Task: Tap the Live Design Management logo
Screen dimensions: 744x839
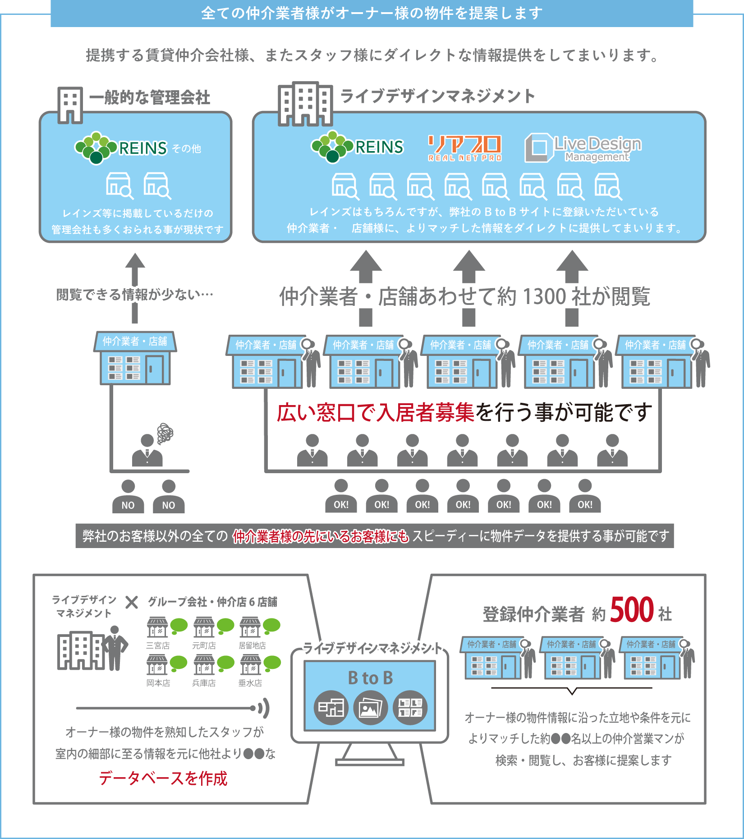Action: (x=583, y=148)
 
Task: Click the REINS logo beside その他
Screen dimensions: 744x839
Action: (x=121, y=148)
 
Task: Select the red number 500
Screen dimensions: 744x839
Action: (x=632, y=609)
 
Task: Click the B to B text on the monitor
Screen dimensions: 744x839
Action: (x=370, y=678)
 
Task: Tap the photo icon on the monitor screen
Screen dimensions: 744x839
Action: (x=370, y=708)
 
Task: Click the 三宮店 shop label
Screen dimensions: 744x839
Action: (x=158, y=645)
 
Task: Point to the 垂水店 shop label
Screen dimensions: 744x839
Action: (x=250, y=683)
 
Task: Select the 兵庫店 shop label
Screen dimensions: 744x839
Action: (x=204, y=683)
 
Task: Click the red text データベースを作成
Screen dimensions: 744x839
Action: (x=163, y=778)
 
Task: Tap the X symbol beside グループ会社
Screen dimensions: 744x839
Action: (x=132, y=602)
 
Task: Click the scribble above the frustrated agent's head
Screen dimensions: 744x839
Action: (x=165, y=433)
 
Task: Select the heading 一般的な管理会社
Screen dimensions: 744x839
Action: (x=150, y=97)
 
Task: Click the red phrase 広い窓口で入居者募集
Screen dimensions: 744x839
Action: (x=375, y=412)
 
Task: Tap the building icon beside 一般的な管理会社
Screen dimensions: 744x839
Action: (x=70, y=105)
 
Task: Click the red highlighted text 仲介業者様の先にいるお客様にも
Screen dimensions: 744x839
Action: (x=321, y=536)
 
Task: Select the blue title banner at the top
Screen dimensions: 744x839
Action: (x=372, y=14)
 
